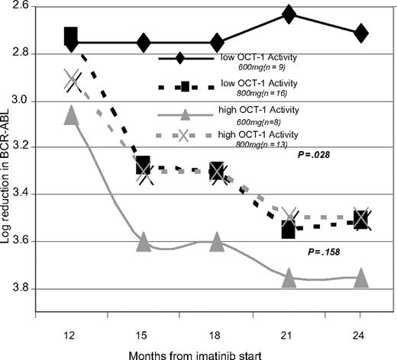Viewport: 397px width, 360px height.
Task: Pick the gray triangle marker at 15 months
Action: point(144,243)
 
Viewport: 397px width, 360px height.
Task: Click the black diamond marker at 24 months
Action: point(361,33)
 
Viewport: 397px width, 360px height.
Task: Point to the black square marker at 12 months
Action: point(71,35)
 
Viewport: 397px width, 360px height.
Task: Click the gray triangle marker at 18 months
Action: point(216,243)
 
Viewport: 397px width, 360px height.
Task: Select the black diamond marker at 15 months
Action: point(144,43)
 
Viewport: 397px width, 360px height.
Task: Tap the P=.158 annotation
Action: point(321,250)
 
